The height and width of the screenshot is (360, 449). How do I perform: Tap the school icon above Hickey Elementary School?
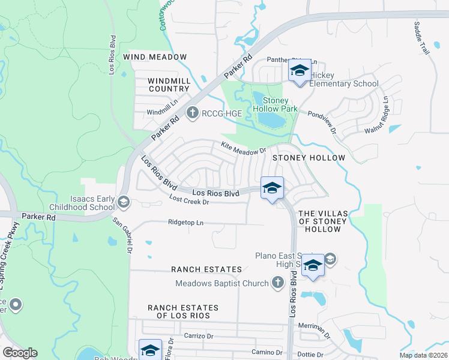pyautogui.click(x=299, y=71)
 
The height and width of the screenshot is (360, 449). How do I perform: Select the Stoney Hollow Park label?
pyautogui.click(x=275, y=104)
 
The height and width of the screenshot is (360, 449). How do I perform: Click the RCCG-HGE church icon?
pyautogui.click(x=192, y=112)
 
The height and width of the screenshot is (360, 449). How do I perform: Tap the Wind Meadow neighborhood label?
pyautogui.click(x=155, y=57)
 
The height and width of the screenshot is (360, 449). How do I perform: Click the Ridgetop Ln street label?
pyautogui.click(x=186, y=223)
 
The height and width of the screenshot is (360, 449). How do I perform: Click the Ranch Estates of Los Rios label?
pyautogui.click(x=183, y=311)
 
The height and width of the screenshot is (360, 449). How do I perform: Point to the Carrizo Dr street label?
pyautogui.click(x=199, y=336)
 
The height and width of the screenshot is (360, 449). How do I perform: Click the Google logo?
pyautogui.click(x=20, y=353)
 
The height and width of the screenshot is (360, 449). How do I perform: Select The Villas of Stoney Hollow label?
pyautogui.click(x=322, y=221)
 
